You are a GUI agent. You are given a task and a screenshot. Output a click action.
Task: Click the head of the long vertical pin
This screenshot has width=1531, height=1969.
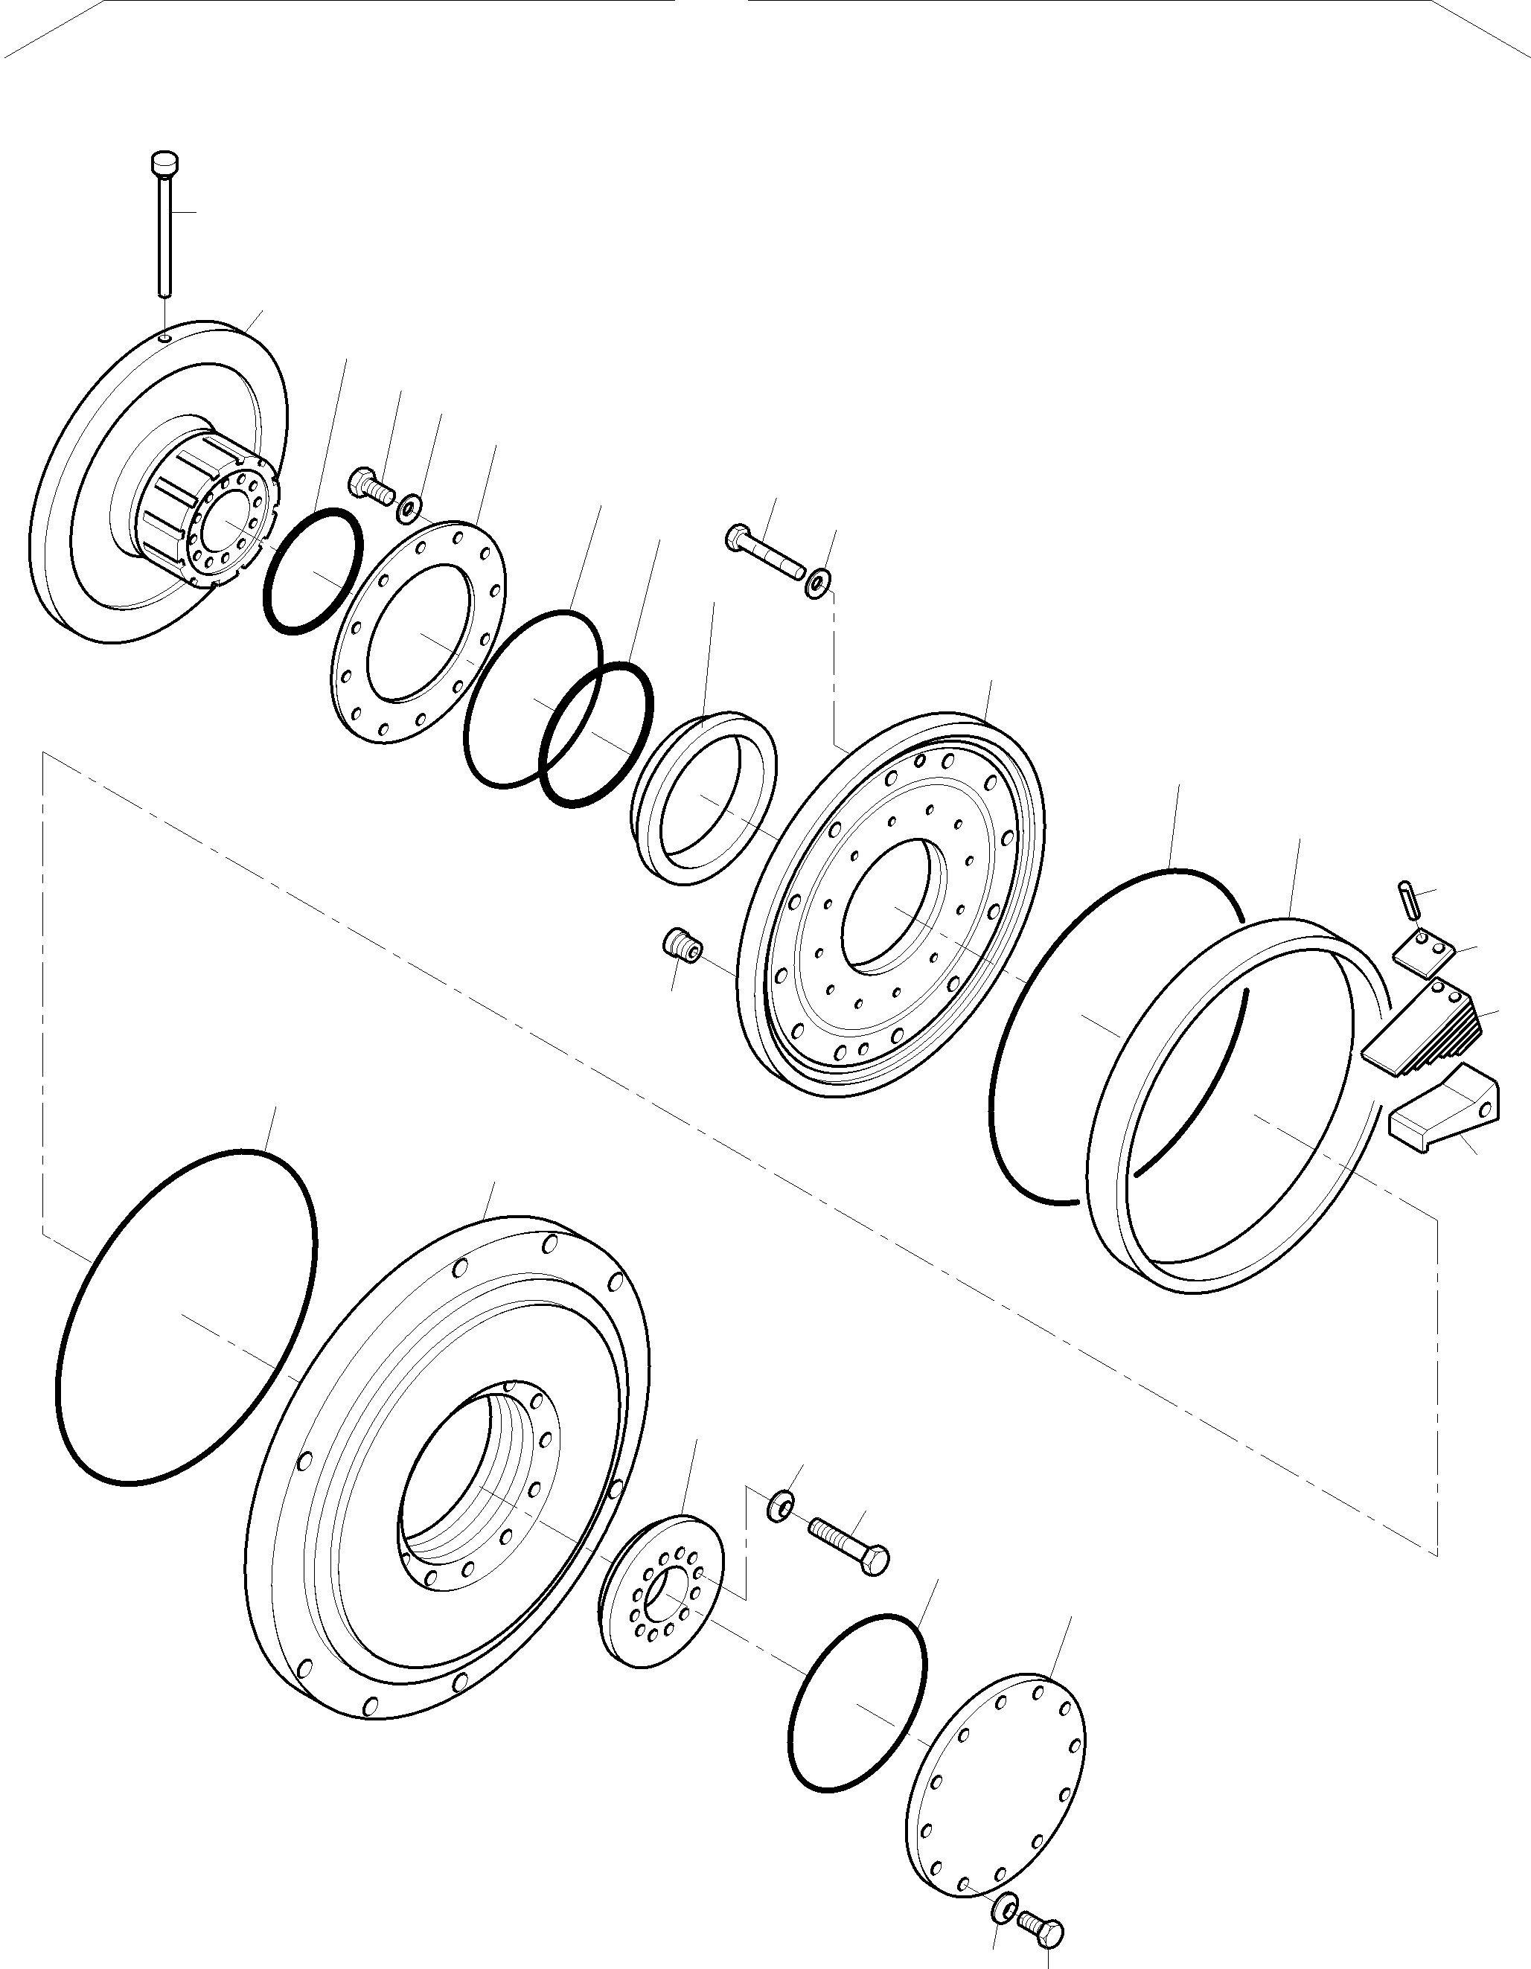163,164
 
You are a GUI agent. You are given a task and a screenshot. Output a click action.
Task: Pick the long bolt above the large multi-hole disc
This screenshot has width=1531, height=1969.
767,553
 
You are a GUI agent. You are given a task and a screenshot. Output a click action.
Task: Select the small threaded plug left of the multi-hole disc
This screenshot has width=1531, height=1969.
683,946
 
